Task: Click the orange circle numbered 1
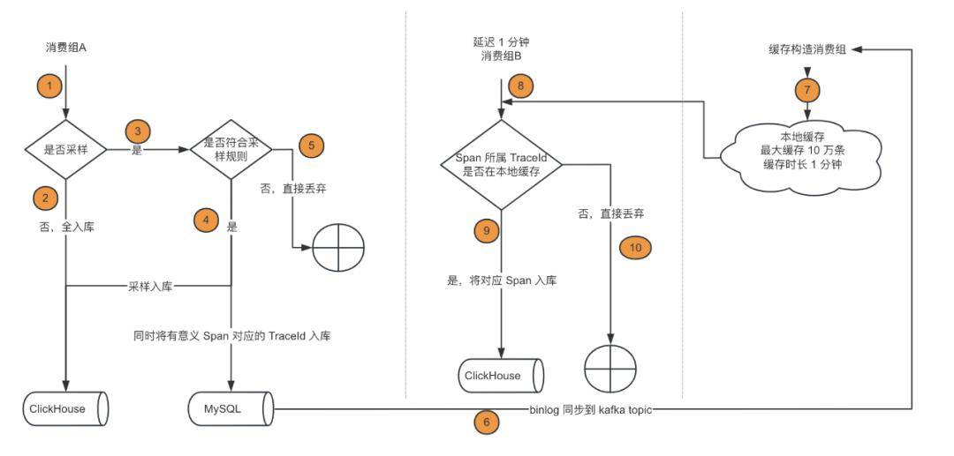click(50, 86)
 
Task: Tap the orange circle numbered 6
click(485, 422)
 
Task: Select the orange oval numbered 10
click(635, 247)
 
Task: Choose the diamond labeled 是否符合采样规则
click(231, 149)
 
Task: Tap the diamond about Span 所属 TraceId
click(502, 164)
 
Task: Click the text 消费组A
click(66, 46)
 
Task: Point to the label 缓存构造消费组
click(807, 50)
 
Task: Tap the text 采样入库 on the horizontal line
click(149, 286)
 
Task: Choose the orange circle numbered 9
click(485, 230)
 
